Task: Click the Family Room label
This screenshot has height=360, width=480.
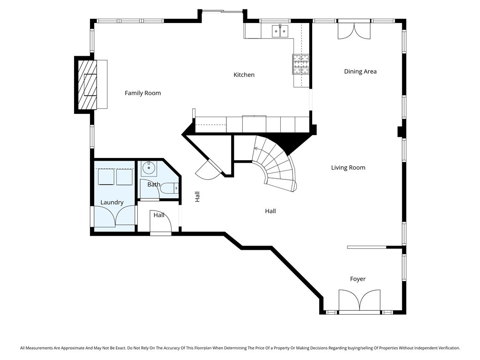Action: [142, 93]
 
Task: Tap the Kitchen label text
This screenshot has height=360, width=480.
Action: [244, 75]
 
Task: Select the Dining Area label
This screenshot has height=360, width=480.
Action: [360, 72]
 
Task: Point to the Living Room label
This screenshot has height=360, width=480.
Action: [348, 168]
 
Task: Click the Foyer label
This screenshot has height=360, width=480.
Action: [358, 279]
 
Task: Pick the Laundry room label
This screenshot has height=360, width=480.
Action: [112, 202]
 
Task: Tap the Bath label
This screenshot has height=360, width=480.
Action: [154, 185]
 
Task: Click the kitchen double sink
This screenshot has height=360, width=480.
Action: [280, 31]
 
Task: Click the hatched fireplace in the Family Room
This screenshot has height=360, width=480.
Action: [87, 84]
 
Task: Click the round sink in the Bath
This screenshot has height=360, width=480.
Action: [150, 167]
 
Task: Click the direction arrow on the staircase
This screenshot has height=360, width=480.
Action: [256, 149]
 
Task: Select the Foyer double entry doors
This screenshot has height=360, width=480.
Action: [360, 300]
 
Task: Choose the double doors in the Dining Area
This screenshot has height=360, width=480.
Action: [354, 30]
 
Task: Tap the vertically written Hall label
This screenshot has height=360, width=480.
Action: [197, 197]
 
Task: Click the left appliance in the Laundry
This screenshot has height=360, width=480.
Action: [105, 177]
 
